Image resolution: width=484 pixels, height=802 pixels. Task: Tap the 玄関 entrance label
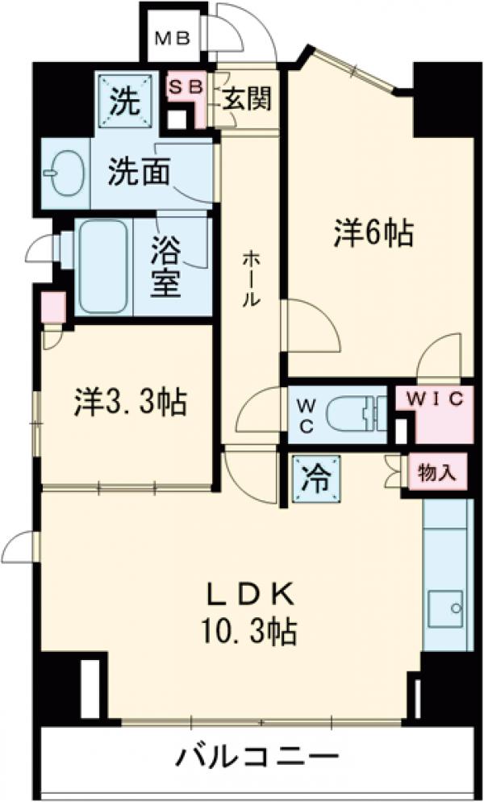[x=247, y=100]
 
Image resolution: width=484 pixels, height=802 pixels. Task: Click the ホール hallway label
[x=252, y=278]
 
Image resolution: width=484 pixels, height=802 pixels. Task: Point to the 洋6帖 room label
[x=373, y=235]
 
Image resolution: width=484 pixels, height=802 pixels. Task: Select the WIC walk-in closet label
[x=433, y=399]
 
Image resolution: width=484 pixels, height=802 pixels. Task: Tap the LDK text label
[x=249, y=596]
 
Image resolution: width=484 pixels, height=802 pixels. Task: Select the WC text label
[x=307, y=415]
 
